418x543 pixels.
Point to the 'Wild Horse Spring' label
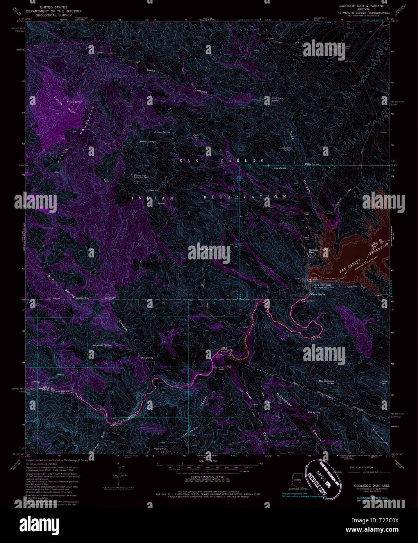click(277, 99)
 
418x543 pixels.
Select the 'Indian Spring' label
click(148, 141)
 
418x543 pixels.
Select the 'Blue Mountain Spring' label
click(326, 382)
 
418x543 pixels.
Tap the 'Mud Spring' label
click(313, 412)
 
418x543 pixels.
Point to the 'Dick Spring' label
click(146, 357)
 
